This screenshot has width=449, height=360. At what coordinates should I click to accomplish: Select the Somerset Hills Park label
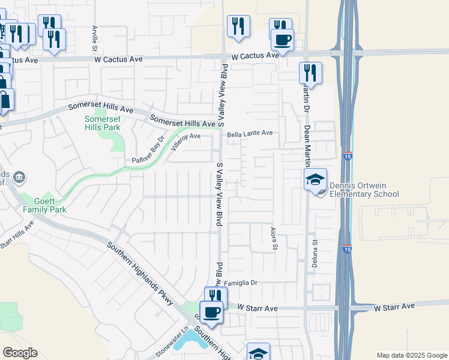tap(103, 123)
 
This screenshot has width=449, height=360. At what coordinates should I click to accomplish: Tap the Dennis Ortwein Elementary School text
tap(364, 190)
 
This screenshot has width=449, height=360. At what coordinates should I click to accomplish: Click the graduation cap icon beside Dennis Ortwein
tap(315, 179)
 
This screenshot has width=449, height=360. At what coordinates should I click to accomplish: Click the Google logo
tap(20, 353)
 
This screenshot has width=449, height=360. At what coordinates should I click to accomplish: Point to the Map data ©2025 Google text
tap(411, 355)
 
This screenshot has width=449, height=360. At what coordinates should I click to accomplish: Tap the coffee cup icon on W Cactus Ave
tap(282, 40)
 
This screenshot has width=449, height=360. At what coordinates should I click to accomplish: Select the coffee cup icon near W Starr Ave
tap(211, 313)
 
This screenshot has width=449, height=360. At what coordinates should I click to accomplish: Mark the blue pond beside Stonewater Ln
tap(196, 341)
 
